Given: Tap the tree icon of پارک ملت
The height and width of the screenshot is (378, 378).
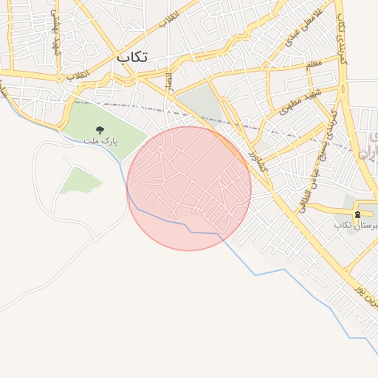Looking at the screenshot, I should coord(100,129).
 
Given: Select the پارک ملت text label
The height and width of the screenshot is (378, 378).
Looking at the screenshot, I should coord(100,140).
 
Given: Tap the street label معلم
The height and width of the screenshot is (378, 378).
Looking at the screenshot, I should coord(314,66).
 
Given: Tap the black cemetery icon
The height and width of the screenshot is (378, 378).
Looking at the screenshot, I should coord(358,214).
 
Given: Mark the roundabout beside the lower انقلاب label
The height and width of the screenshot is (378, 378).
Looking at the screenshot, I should coord(58,76).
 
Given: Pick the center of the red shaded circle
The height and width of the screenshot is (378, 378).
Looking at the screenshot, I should coord(189,188).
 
